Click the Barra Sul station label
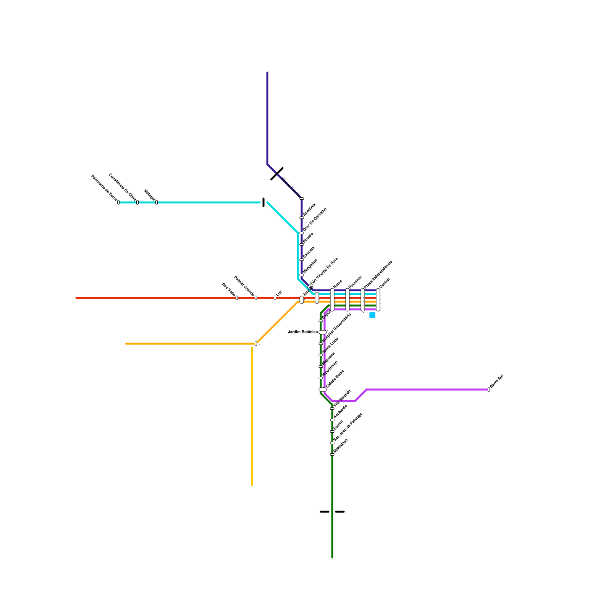point(496,381)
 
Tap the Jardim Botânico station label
point(302,332)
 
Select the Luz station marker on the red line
point(275,298)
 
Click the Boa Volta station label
point(228,289)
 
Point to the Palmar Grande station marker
point(256,298)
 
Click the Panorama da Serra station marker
point(118,202)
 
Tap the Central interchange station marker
point(378,300)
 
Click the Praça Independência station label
point(378,274)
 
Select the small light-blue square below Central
point(372,315)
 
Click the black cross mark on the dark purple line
point(277,174)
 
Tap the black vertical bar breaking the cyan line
point(263,202)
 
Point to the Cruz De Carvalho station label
point(315,219)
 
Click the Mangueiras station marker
point(302,275)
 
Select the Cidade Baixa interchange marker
point(323,390)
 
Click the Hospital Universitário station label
point(336,328)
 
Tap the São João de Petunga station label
point(348,427)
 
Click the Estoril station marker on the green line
point(332,432)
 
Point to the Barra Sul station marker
point(489,390)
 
